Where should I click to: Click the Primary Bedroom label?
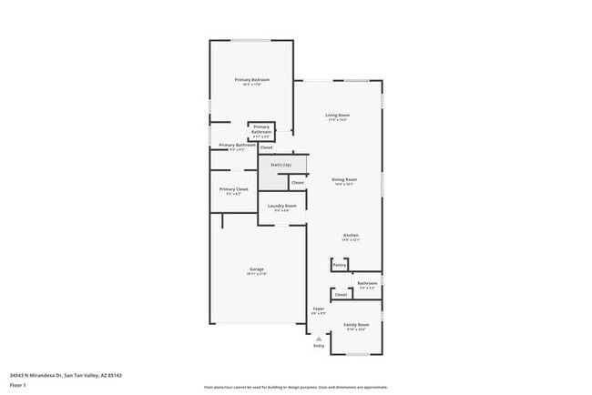(251, 81)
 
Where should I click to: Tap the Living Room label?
(338, 115)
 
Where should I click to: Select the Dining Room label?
(343, 179)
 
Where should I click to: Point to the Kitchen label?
(351, 236)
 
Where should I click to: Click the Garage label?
(258, 269)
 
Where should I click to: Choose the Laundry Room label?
(281, 206)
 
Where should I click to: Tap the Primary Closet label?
(233, 189)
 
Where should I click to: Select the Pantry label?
(339, 265)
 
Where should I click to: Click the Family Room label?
(356, 324)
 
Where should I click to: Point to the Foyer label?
(319, 309)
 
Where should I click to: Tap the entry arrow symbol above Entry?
(319, 338)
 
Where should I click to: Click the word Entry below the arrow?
(319, 346)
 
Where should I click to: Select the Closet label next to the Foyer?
(341, 295)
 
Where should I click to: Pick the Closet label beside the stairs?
(297, 183)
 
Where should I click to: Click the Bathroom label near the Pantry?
(367, 283)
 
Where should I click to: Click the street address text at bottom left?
(66, 374)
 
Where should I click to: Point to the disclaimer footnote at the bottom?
(295, 387)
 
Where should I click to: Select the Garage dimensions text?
(258, 274)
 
